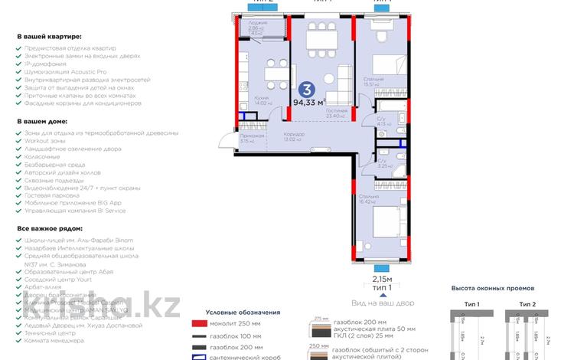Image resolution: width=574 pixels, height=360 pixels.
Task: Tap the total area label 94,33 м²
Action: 310,101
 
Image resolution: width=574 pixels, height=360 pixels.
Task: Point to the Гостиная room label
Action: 336,111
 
